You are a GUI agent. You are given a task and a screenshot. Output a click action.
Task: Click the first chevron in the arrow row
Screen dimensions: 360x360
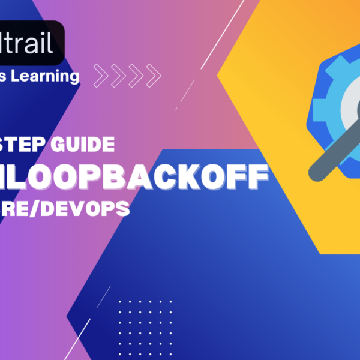[100, 76]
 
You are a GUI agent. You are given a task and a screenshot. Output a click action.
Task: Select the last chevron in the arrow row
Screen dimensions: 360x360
[154, 76]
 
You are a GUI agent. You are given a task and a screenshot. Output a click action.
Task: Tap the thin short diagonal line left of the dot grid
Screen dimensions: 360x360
[104, 296]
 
